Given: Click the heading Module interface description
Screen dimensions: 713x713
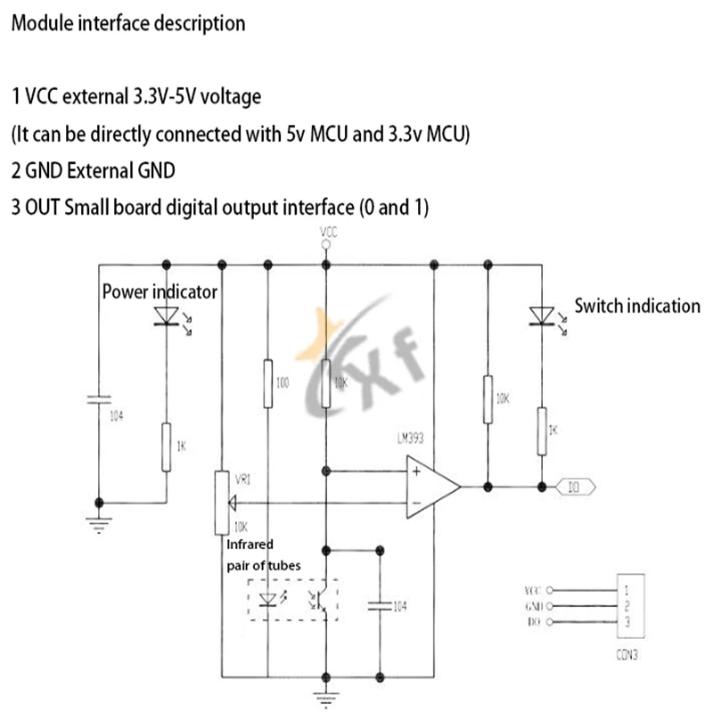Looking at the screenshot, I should pos(127,24).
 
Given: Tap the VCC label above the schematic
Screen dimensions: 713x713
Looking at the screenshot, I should pos(327,233).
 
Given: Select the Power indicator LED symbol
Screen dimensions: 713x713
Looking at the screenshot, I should pos(166,316).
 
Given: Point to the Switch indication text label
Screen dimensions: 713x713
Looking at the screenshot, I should pos(636,306).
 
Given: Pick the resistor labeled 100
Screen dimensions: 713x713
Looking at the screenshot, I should pos(267,382).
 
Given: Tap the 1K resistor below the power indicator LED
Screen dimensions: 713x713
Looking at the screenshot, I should pos(166,447).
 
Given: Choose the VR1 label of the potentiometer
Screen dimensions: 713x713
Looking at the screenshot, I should pos(242,478).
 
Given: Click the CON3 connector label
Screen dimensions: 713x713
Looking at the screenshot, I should pos(627,654).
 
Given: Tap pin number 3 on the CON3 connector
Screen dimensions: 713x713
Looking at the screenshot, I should pos(627,621).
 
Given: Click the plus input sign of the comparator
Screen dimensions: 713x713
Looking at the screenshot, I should pos(416,471).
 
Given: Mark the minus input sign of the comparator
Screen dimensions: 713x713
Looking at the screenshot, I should pos(416,503).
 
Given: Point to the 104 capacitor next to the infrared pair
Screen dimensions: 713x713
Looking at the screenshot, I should pos(382,606).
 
